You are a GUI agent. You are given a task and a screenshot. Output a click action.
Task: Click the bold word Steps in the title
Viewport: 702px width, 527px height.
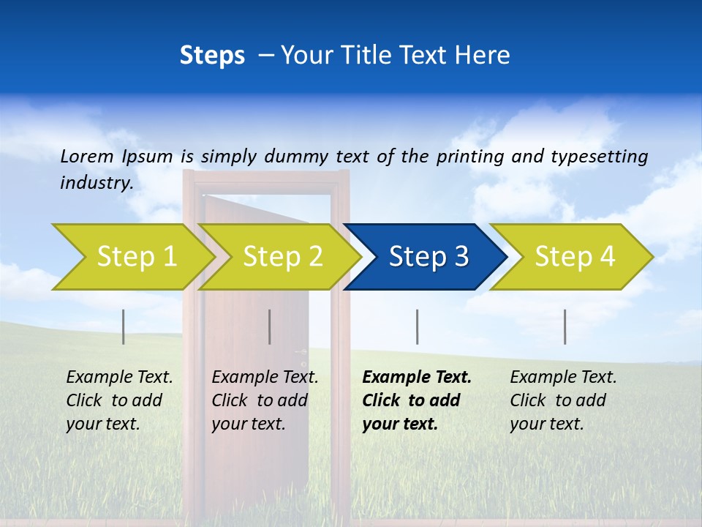pos(212,56)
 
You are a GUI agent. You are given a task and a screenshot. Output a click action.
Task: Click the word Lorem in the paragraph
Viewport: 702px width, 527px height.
pos(88,156)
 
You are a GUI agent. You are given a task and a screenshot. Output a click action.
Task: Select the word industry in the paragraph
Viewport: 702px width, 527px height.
pos(97,183)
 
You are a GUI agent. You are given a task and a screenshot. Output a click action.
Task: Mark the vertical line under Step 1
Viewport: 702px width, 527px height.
pos(124,326)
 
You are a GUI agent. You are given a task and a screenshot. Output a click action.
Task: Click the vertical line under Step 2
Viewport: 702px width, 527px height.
pos(270,326)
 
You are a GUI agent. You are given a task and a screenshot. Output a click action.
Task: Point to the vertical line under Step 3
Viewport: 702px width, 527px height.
pos(417,326)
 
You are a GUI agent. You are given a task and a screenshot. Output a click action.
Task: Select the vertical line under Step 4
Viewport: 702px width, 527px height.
pos(565,326)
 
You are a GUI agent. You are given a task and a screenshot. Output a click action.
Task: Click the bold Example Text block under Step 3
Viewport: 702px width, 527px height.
pos(417,400)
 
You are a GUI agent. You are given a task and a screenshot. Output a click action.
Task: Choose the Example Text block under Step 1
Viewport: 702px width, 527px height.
pos(119,400)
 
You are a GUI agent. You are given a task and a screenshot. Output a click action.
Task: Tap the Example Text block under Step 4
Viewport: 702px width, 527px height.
pos(563,400)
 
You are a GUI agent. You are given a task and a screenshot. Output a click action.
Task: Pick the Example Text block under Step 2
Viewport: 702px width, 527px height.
pos(265,400)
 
